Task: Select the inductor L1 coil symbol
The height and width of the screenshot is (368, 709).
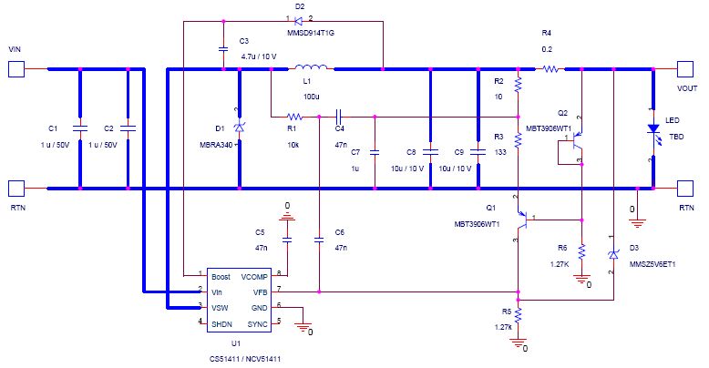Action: (x=315, y=67)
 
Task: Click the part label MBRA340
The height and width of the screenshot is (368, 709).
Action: (x=212, y=143)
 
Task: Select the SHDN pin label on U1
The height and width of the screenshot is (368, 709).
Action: (x=222, y=323)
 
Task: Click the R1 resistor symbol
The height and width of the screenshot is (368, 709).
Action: (x=294, y=117)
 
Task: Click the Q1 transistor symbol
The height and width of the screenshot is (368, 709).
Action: (x=523, y=219)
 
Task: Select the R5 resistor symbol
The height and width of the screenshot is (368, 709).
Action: (x=518, y=314)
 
